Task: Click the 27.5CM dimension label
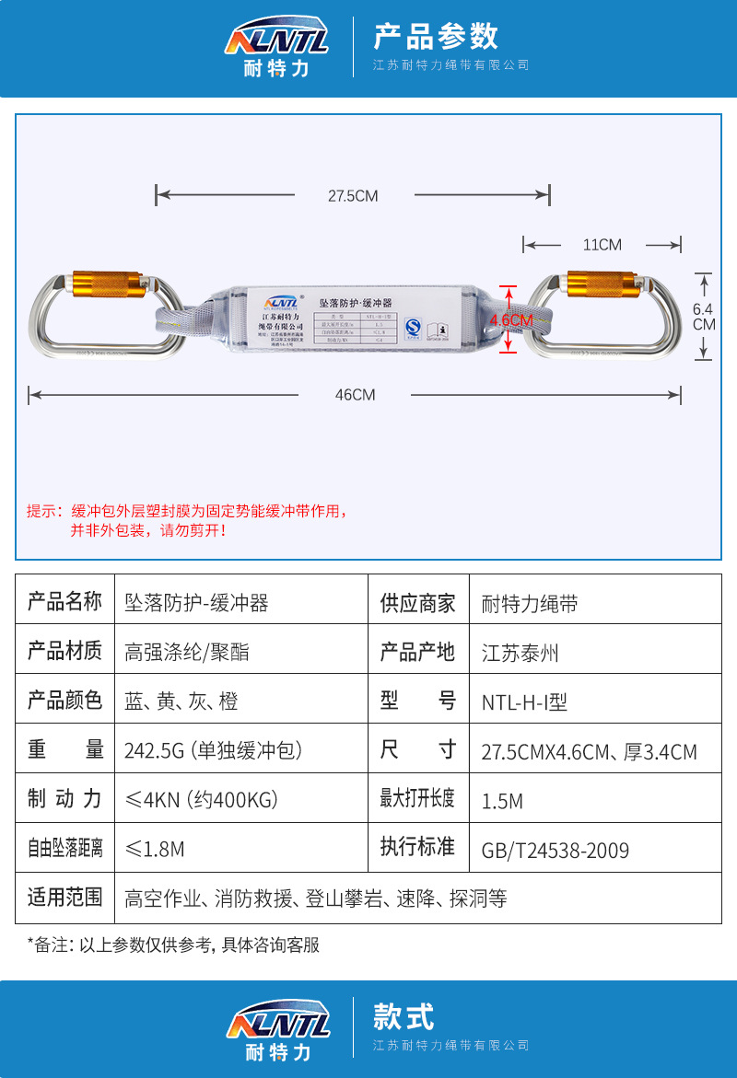353,195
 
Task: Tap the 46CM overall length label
355,395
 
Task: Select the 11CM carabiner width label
602,245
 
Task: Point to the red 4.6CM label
511,320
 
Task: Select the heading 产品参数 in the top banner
435,36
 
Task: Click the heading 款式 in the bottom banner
403,1017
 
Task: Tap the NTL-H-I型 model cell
524,701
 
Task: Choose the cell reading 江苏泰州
520,653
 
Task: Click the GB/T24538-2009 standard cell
555,850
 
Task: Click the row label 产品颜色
64,701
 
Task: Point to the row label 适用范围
64,898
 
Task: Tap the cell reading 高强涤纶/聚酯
187,653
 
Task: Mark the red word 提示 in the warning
41,511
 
